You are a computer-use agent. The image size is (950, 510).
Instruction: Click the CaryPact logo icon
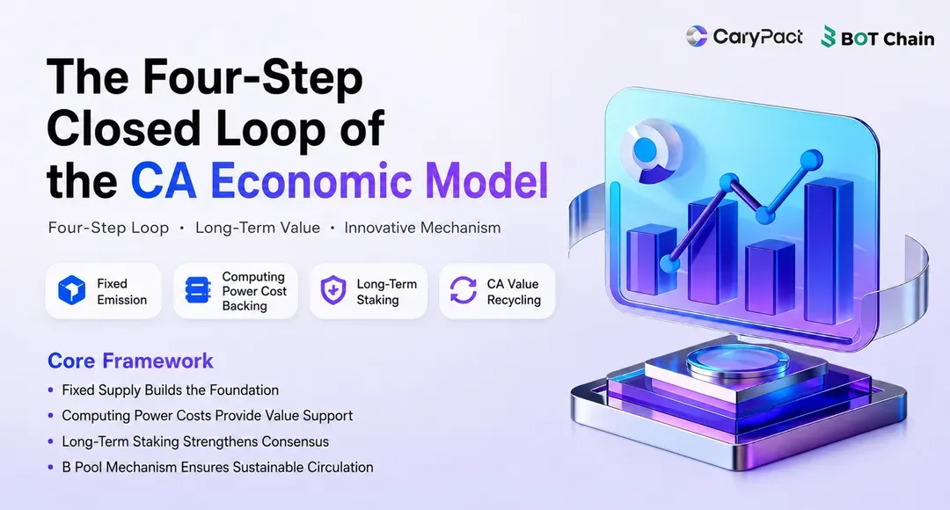point(697,36)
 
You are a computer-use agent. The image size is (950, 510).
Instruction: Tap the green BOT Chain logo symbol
point(829,38)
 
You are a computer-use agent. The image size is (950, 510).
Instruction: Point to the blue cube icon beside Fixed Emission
point(71,290)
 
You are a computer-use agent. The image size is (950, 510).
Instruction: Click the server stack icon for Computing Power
point(198,290)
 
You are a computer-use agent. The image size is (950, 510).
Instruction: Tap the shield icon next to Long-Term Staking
point(333,290)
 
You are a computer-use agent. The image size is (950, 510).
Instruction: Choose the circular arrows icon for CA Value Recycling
point(464,290)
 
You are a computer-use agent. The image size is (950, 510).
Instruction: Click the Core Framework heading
point(130,361)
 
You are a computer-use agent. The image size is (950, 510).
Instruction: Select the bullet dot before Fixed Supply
point(51,390)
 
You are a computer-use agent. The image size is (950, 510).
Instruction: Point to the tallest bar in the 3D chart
point(829,251)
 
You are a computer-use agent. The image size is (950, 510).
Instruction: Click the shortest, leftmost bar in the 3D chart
point(651,260)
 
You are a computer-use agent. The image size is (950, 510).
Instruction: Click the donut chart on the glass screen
point(652,154)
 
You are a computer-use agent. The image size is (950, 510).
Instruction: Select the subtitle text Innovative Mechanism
point(422,228)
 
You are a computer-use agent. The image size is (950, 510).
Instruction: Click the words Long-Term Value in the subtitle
point(258,228)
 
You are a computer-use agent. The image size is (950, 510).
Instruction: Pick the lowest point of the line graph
point(669,264)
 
